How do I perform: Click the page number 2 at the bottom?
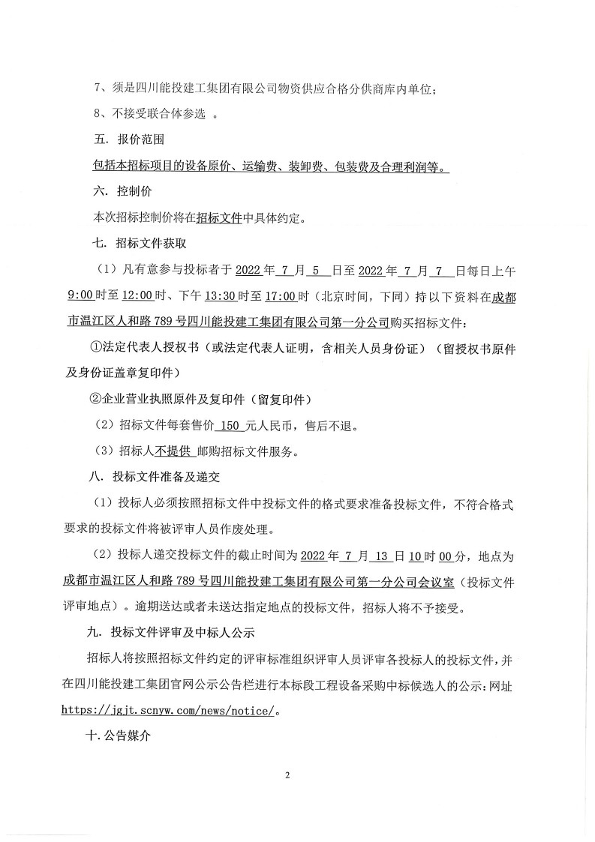(287, 775)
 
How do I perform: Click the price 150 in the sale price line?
(229, 425)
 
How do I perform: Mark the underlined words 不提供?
(171, 451)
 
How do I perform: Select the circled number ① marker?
(95, 347)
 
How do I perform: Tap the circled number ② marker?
(95, 399)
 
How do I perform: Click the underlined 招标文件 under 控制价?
(218, 218)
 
